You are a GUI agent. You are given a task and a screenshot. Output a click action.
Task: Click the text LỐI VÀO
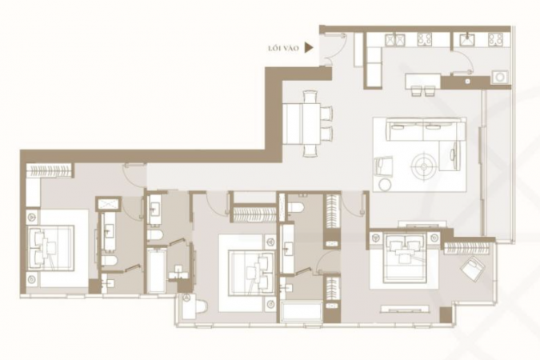[283, 48]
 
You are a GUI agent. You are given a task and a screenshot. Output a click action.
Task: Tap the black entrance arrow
[309, 48]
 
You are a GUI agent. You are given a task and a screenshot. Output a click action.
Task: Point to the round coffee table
[423, 167]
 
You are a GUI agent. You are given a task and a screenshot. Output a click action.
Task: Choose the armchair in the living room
[384, 166]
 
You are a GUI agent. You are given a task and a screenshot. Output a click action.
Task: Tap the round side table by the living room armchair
[384, 185]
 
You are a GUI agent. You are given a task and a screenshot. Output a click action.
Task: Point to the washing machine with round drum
[499, 77]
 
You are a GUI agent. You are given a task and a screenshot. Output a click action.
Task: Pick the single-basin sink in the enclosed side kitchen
[468, 40]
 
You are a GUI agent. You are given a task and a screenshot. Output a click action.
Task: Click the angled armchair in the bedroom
[474, 267]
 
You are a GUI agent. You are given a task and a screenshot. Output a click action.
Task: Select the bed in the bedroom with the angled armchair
[404, 258]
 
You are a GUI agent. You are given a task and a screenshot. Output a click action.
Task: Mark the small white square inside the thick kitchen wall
[468, 82]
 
